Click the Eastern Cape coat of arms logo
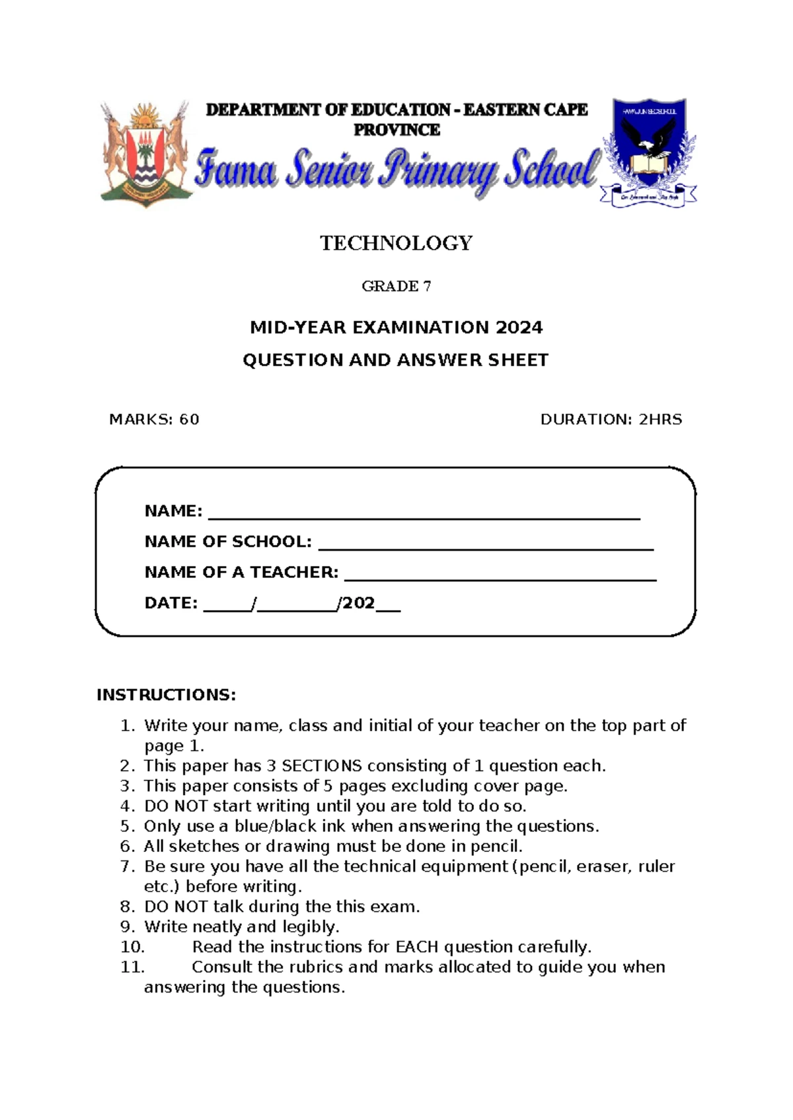tap(145, 154)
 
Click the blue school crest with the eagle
tap(648, 152)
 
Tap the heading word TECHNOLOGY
tap(396, 243)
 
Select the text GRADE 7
tap(396, 286)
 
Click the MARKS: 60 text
tap(154, 419)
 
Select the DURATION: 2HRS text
tap(611, 419)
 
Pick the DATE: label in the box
tap(170, 603)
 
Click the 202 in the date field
tap(358, 603)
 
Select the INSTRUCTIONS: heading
tap(166, 695)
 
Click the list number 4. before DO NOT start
tap(128, 806)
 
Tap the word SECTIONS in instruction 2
tap(321, 766)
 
